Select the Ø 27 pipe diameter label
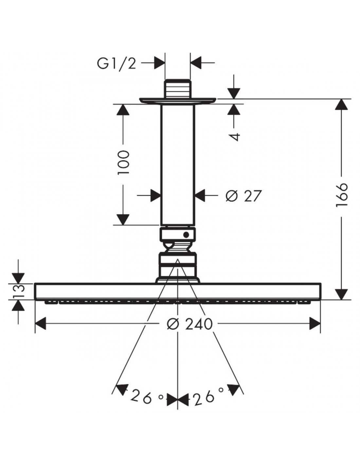point(243,196)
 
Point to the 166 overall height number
point(341,195)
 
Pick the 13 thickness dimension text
point(19,292)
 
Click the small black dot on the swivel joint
point(186,235)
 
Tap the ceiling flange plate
point(178,101)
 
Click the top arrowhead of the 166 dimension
point(341,105)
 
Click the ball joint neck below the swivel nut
point(177,247)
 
